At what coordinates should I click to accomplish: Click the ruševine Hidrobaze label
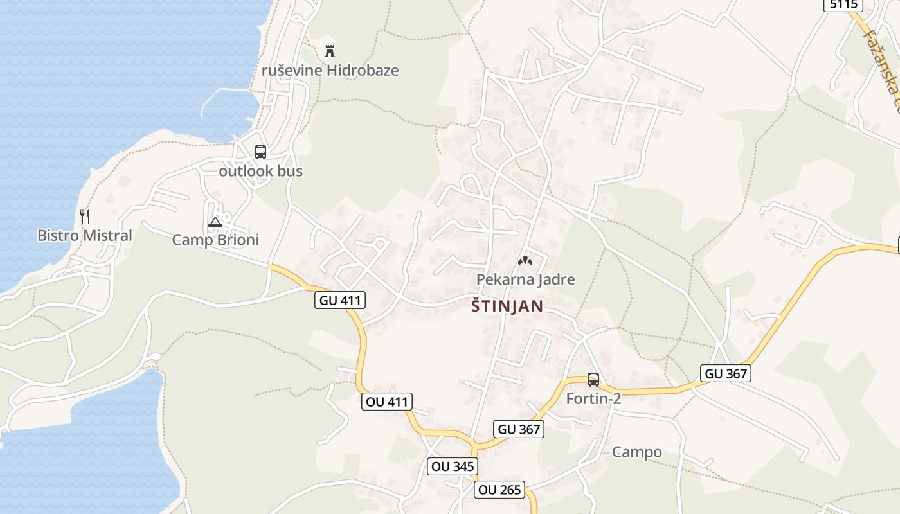pyautogui.click(x=330, y=71)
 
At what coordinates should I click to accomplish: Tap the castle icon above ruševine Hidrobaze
pyautogui.click(x=330, y=51)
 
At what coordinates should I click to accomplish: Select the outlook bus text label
pyautogui.click(x=260, y=172)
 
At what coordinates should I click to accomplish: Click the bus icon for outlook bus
pyautogui.click(x=260, y=152)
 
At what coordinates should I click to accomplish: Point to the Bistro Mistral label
pyautogui.click(x=84, y=236)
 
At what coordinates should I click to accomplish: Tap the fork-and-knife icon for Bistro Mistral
pyautogui.click(x=84, y=216)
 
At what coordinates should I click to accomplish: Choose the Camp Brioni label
pyautogui.click(x=215, y=240)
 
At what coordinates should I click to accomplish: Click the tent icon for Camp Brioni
pyautogui.click(x=215, y=222)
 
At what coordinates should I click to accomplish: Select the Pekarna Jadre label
pyautogui.click(x=525, y=279)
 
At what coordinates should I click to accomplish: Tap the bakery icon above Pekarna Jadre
pyautogui.click(x=525, y=261)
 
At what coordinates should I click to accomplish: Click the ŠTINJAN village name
pyautogui.click(x=507, y=306)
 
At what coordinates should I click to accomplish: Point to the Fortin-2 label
pyautogui.click(x=593, y=399)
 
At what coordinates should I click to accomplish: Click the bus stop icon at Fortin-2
pyautogui.click(x=593, y=380)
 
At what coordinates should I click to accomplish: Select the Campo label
pyautogui.click(x=636, y=452)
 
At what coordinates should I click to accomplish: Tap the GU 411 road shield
pyautogui.click(x=340, y=299)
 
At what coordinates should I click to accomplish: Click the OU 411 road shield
pyautogui.click(x=386, y=402)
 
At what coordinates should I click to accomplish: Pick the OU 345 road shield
pyautogui.click(x=453, y=466)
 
